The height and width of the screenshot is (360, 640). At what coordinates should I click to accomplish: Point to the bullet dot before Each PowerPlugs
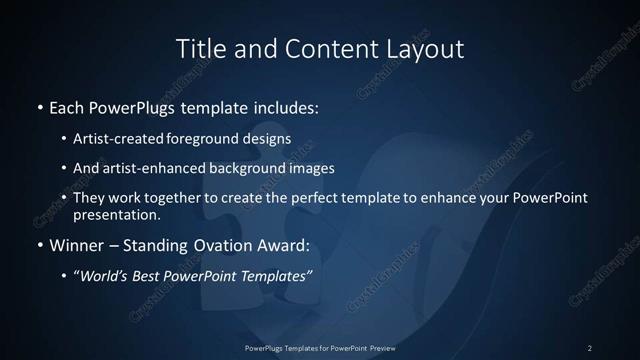pos(40,105)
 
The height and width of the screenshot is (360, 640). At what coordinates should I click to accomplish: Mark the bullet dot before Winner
pos(40,243)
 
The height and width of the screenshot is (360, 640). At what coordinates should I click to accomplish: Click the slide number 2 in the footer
pos(590,348)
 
